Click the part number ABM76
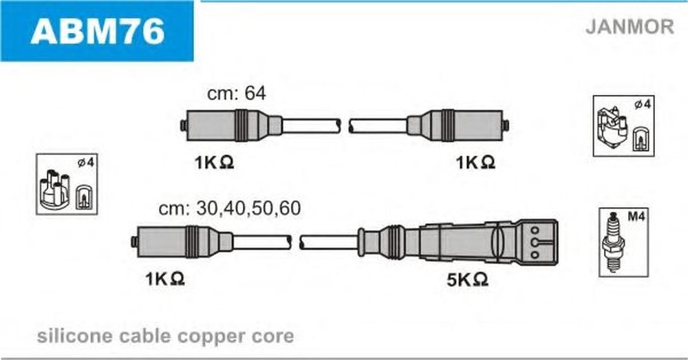click(98, 31)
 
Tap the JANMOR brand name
click(630, 27)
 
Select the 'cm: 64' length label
click(237, 93)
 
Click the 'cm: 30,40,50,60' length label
click(230, 209)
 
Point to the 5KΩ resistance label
click(467, 279)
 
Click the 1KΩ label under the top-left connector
click(214, 163)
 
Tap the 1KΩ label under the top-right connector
click(475, 163)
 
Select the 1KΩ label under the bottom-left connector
click(165, 279)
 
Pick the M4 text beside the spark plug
click(636, 216)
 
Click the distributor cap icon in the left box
click(54, 189)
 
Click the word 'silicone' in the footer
click(74, 337)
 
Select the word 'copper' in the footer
click(212, 337)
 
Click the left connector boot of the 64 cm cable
click(232, 125)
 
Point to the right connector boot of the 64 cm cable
click(458, 125)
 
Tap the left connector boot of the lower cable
click(182, 242)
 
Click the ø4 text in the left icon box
click(86, 163)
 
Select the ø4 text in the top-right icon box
click(643, 105)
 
